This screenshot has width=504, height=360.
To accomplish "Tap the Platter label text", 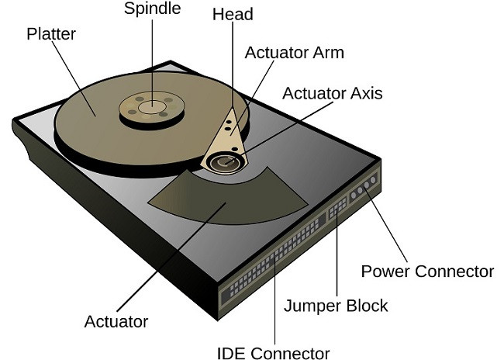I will pyautogui.click(x=50, y=35).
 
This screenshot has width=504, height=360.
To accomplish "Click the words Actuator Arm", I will pyautogui.click(x=294, y=54).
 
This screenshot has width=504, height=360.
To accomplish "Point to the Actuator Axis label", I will pyautogui.click(x=332, y=94).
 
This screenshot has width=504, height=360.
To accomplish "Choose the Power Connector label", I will pyautogui.click(x=427, y=272).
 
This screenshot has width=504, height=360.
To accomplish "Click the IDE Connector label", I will pyautogui.click(x=272, y=353).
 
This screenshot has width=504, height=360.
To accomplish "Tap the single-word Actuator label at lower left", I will pyautogui.click(x=116, y=320).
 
